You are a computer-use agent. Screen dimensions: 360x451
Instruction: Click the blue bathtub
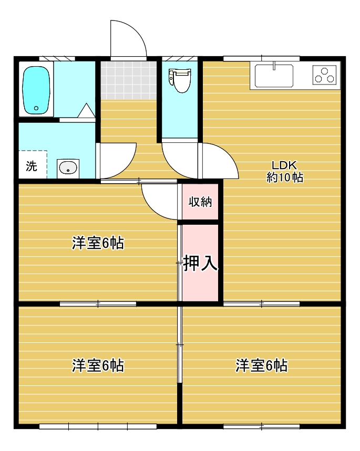(36, 90)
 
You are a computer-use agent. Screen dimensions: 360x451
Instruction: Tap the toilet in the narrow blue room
(180, 80)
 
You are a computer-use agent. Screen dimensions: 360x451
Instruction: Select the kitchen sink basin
(274, 76)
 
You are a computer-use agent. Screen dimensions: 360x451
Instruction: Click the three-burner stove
(325, 75)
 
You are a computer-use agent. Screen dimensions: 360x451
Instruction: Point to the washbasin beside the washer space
(68, 168)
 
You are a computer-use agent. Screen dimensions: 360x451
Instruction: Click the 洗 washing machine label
(32, 166)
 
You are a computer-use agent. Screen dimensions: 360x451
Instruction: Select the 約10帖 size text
(284, 177)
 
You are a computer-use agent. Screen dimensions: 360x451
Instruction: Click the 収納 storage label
(200, 202)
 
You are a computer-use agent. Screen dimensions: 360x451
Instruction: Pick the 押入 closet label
(200, 263)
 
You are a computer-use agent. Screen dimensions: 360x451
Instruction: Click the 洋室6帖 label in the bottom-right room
(262, 365)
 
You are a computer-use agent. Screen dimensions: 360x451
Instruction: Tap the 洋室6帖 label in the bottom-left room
(98, 365)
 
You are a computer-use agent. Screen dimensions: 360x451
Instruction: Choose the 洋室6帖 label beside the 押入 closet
(98, 243)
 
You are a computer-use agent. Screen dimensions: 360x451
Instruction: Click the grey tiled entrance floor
(128, 80)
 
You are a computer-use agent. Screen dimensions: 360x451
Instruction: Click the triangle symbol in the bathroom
(86, 110)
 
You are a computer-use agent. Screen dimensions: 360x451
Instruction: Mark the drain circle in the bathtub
(36, 108)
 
